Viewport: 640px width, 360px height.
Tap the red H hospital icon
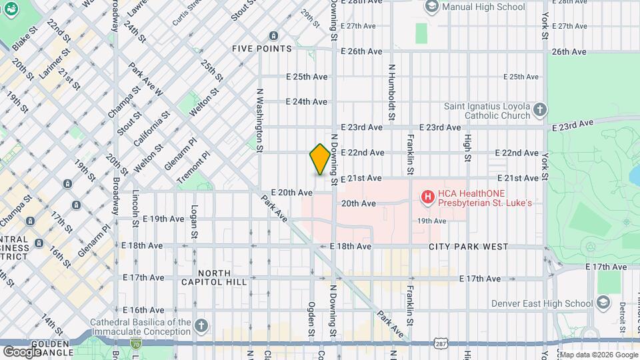click(x=428, y=197)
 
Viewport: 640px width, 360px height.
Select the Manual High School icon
click(x=431, y=7)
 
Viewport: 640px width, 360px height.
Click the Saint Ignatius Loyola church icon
click(x=540, y=109)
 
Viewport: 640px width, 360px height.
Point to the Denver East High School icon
click(x=603, y=303)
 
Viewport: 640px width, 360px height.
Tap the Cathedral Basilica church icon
click(x=201, y=326)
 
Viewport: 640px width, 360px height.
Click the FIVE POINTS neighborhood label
click(x=262, y=49)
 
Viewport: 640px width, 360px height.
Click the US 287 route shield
click(x=440, y=342)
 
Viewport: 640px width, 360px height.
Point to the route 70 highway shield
click(x=137, y=345)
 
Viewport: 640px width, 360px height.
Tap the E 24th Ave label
click(x=307, y=102)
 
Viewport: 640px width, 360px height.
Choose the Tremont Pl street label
click(x=194, y=167)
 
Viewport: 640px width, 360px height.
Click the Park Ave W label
click(x=146, y=79)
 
